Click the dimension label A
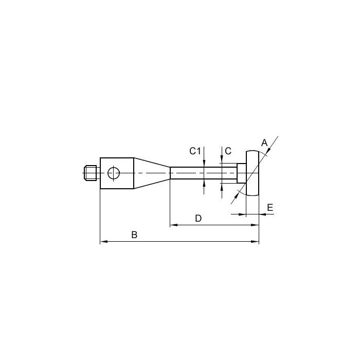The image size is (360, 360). coord(264,143)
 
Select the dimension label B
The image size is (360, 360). coord(134,235)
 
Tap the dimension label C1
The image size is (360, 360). coord(195,151)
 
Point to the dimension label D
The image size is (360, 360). coord(198,219)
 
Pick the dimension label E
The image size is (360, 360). coord(270,207)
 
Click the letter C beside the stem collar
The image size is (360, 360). coord(228,151)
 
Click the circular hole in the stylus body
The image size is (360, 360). coord(114,173)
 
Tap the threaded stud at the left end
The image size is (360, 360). coord(90,173)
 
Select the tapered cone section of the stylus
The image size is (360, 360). coord(152,173)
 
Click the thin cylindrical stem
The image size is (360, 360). coord(204,173)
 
